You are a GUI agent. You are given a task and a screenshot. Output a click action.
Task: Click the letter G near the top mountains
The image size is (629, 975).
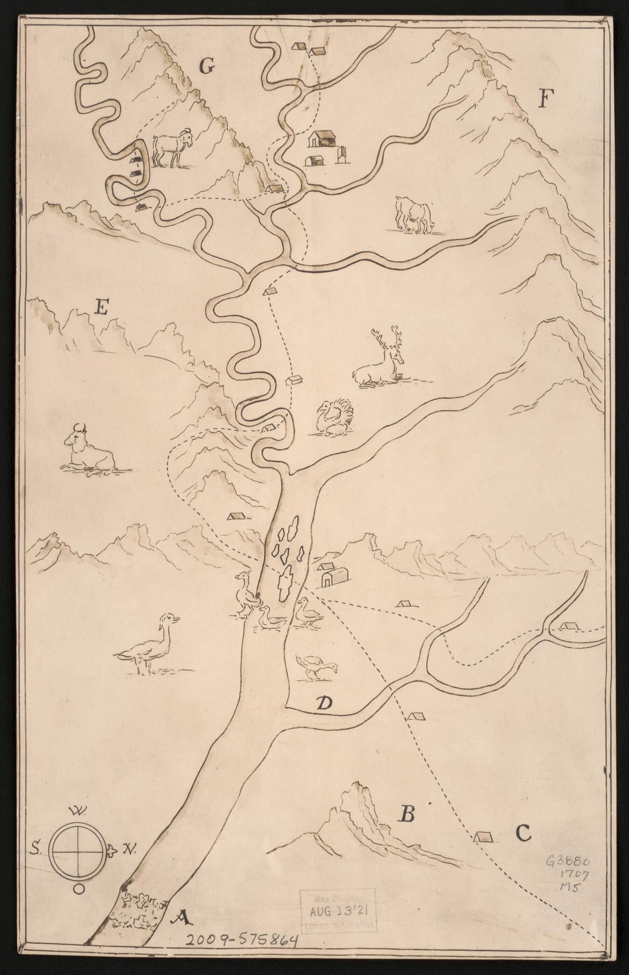click(x=206, y=67)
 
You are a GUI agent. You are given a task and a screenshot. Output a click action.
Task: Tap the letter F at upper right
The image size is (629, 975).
click(x=544, y=100)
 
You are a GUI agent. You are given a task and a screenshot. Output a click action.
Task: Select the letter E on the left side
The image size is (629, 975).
click(x=101, y=308)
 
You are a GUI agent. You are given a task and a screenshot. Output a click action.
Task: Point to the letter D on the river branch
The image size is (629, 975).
click(x=324, y=704)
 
